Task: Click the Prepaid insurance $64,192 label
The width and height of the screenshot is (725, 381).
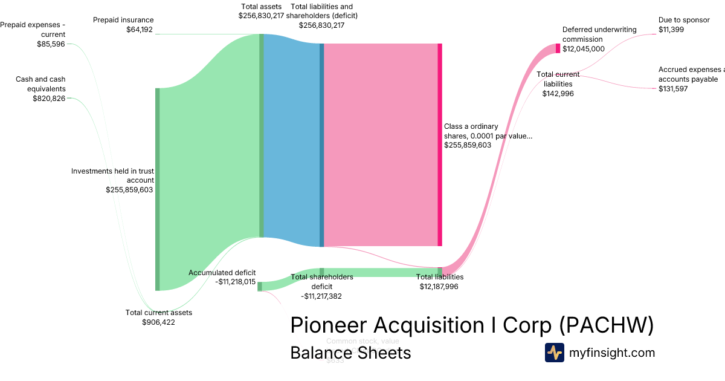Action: (x=123, y=24)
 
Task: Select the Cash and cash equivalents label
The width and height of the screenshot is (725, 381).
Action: (x=40, y=88)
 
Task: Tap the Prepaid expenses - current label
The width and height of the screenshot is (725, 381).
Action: (x=33, y=34)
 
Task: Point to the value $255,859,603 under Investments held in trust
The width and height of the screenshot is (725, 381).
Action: (x=129, y=190)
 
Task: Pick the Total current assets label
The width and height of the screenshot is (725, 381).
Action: (x=159, y=317)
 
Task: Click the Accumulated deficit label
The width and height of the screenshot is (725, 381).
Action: (x=222, y=277)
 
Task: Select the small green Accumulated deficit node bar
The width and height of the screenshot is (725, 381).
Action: (x=260, y=286)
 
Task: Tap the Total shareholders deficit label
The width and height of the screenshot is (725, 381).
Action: (x=322, y=286)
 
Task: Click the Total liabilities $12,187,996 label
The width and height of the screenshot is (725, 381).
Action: (x=439, y=282)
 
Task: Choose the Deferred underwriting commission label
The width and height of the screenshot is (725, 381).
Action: (x=591, y=39)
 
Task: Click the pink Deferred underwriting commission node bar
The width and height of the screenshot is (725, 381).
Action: (x=558, y=48)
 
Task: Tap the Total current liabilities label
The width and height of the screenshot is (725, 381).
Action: (x=558, y=84)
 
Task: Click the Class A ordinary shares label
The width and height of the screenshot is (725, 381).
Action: (x=488, y=136)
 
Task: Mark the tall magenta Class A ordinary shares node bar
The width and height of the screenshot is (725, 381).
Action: (x=440, y=145)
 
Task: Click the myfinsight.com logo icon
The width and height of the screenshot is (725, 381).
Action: (x=554, y=353)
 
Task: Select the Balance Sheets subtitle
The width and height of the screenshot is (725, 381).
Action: (x=350, y=353)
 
